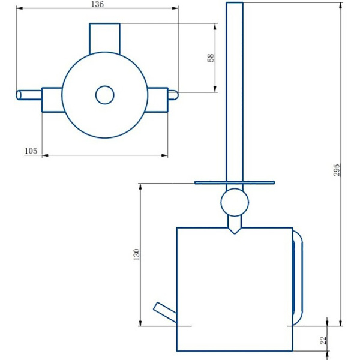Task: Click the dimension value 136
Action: coord(97,4)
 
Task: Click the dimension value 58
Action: coord(211,58)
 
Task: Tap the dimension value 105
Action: coord(31,151)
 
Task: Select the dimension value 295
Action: coord(337,170)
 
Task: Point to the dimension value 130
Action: coord(136,254)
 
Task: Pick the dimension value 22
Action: coord(323,340)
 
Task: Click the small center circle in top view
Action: coord(104,95)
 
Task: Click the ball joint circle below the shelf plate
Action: coord(235,202)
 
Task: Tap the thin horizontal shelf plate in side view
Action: coord(235,182)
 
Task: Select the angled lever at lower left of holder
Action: coord(165,313)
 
